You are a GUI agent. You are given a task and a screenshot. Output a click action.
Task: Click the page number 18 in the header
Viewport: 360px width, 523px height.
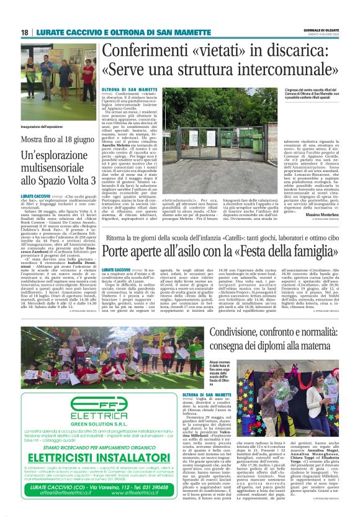25,32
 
